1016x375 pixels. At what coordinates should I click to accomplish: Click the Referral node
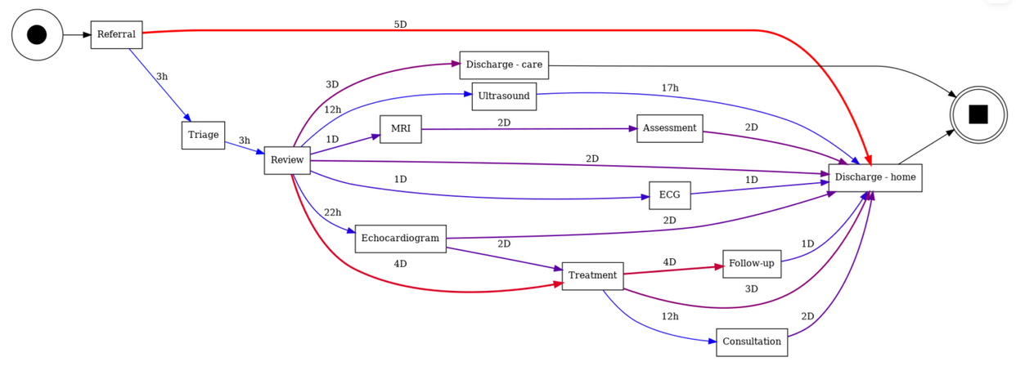point(116,34)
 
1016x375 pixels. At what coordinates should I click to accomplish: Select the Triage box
point(203,135)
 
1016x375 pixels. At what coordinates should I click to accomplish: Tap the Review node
point(287,160)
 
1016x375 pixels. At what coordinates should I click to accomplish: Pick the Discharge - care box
point(504,65)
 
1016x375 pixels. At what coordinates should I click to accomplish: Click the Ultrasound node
point(504,96)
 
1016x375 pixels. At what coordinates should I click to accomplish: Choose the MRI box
point(401,129)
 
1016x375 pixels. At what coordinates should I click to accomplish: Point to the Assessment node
point(669,128)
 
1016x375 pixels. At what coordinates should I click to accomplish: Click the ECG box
point(669,195)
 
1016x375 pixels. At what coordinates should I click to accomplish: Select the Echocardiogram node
point(400,239)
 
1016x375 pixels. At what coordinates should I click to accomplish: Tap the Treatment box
point(592,276)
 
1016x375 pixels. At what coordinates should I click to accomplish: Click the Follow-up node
point(751,264)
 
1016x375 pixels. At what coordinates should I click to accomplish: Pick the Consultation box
point(751,342)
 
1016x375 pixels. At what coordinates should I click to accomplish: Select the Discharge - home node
point(874,178)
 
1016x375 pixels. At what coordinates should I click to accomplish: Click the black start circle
point(37,34)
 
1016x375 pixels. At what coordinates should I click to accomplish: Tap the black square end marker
point(978,114)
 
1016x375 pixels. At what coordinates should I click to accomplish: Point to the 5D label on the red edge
point(400,25)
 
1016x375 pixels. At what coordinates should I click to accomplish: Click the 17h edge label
point(670,88)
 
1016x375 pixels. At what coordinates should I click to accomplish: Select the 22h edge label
point(332,213)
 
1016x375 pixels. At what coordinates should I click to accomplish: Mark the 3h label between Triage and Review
point(244,141)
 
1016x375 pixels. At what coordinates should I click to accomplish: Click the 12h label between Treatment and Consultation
point(670,317)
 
